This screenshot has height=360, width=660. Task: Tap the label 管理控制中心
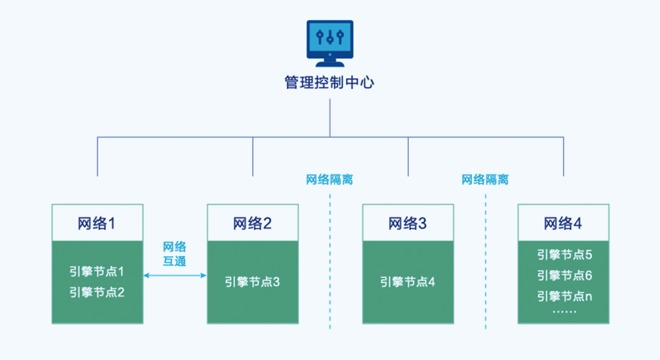[x=330, y=83]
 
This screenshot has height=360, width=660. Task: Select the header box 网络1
[x=98, y=223]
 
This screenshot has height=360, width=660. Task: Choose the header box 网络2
[x=253, y=223]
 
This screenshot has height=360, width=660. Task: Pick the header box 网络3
[x=408, y=223]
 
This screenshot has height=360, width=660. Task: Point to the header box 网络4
[x=563, y=223]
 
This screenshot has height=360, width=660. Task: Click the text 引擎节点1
[x=98, y=271]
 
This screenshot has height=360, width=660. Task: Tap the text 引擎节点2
[x=98, y=291]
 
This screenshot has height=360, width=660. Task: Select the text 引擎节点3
[x=253, y=282]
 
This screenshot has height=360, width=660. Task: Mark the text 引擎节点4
[x=408, y=282]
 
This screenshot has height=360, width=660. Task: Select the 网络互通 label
[x=175, y=254]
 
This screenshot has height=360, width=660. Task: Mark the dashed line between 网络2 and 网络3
[x=330, y=263]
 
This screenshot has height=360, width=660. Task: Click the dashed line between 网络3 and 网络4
[x=486, y=263]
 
